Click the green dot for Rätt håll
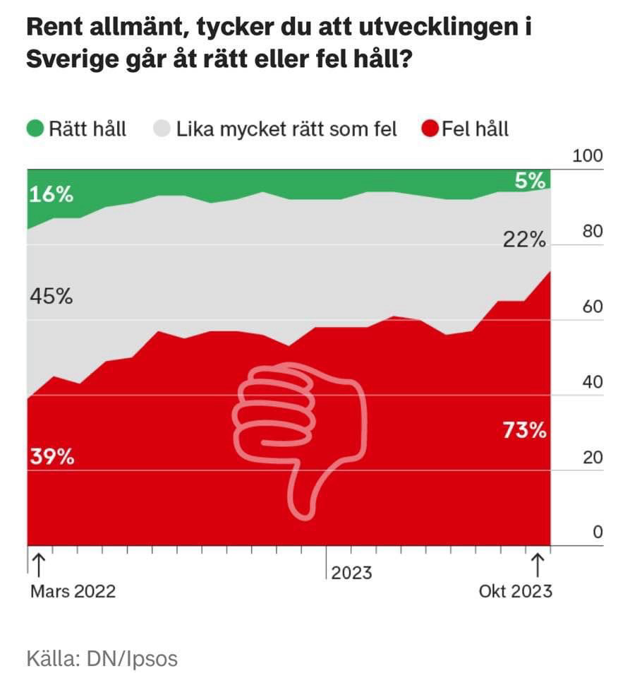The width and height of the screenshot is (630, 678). coord(35,129)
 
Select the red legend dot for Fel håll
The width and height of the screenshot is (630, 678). coord(430,129)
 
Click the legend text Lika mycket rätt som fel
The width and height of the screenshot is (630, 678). coord(286,129)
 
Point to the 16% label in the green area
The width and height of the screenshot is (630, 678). coord(51,194)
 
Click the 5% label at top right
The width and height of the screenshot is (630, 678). coord(531,181)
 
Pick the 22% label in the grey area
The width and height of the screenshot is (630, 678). coord(524,240)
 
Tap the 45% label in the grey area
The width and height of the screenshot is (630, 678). coord(51,297)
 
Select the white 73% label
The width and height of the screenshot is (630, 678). coord(524,430)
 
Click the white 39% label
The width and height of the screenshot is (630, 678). coord(52,457)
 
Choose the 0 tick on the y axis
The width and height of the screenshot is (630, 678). coord(598,533)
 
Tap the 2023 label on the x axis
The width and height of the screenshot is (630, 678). coord(351,572)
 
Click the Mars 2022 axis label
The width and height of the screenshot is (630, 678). coord(73,591)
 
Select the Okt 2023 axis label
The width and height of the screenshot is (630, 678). coord(515,591)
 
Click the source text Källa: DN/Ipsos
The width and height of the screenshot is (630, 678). coord(102,659)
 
